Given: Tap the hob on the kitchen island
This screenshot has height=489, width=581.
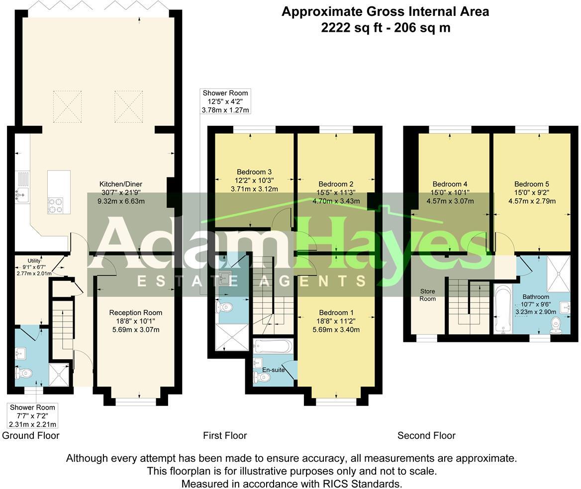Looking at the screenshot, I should tap(55, 205).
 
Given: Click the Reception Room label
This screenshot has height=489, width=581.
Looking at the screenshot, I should tap(136, 313).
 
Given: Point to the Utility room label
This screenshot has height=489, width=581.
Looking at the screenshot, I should tap(34, 260).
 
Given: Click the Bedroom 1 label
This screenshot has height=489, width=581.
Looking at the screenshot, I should tap(336, 313).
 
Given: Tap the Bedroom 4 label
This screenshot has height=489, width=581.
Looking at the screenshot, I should tap(450, 184).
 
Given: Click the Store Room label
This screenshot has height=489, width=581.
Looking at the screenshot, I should tap(427, 295).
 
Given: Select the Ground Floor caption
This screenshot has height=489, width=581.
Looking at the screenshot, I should tap(31, 436).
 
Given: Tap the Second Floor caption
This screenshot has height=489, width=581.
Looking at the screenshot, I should tap(426, 436).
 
